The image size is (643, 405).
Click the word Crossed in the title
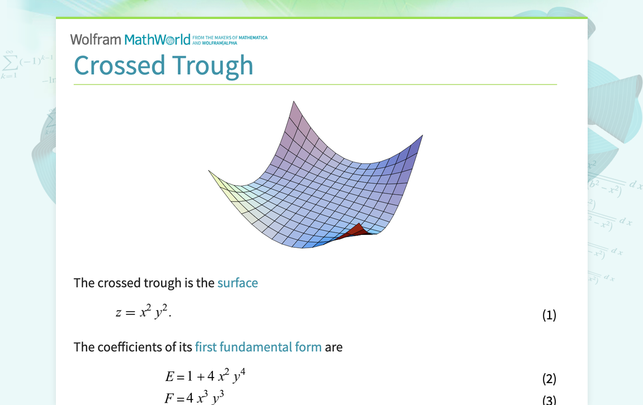[x=119, y=65]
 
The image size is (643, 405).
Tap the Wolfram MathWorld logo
[x=130, y=39]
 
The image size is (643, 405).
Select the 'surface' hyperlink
[x=238, y=283]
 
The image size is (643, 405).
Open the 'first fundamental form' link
[x=258, y=347]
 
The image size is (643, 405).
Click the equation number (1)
[x=549, y=315]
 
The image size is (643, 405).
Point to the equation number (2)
[x=549, y=379]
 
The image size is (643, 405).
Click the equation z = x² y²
[x=144, y=312]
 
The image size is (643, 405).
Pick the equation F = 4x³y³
[x=195, y=398]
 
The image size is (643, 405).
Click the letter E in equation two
[x=171, y=378]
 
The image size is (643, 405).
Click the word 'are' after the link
[x=333, y=347]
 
